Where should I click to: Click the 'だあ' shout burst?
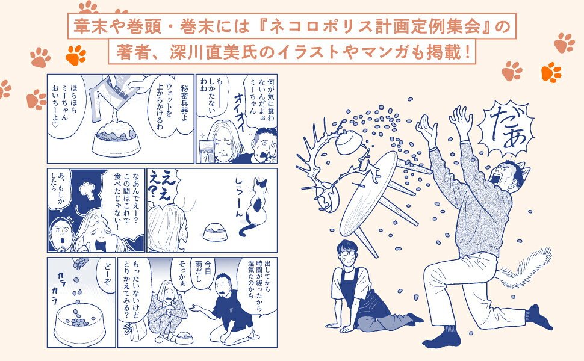(x=506, y=128)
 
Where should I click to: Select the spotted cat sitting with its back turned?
(x=255, y=206)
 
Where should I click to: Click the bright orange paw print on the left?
(x=76, y=55)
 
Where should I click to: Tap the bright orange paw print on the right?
(x=551, y=72)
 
